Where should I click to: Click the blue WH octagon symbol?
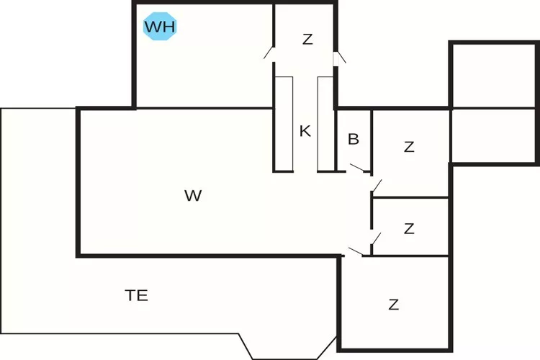point(161,27)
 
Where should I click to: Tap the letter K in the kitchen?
point(305,131)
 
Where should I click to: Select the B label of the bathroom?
point(354,139)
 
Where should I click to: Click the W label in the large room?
point(192,195)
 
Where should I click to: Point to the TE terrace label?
point(137,295)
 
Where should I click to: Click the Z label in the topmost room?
point(307,40)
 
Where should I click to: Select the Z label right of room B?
point(409,147)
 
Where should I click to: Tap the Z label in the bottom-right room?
point(393,305)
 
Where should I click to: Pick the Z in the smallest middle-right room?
point(409,229)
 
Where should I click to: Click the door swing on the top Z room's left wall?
point(269,52)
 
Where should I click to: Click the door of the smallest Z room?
point(376,238)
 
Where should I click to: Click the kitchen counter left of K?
point(284,123)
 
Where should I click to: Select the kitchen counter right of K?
point(325,123)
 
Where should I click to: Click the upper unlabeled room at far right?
point(493,76)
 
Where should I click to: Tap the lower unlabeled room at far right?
point(493,135)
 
